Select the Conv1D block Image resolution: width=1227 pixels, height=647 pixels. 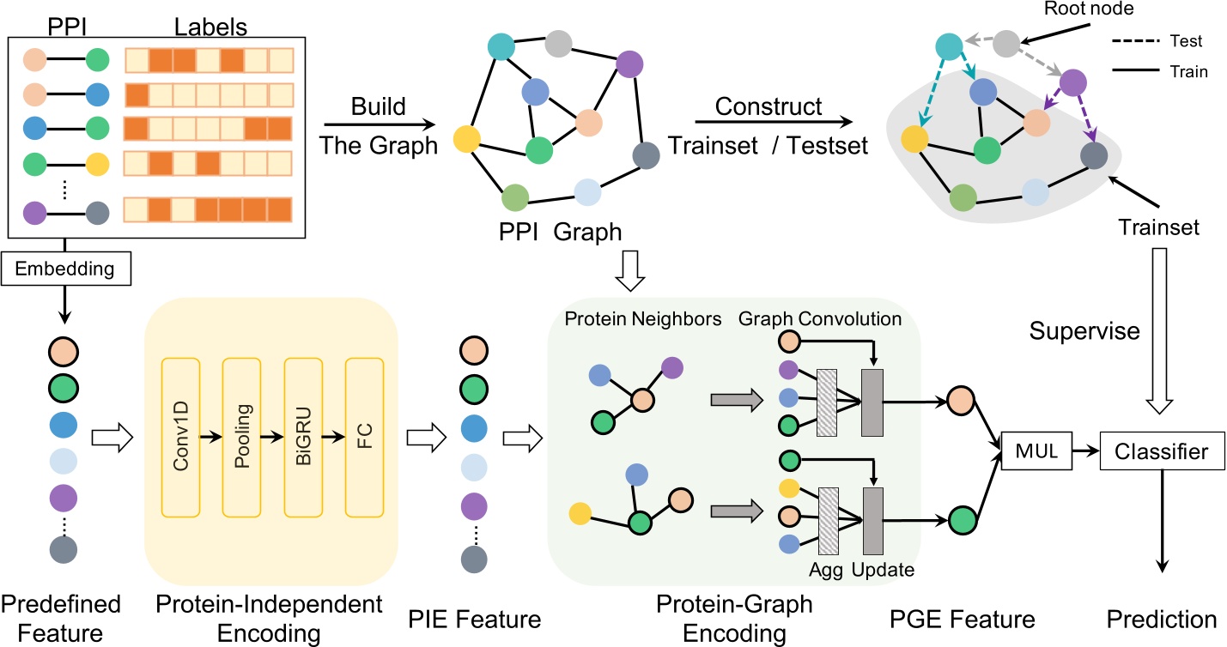(180, 438)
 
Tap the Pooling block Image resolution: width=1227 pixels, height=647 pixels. (240, 438)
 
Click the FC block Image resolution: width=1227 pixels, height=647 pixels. (364, 438)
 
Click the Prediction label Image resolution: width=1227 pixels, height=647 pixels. (1161, 620)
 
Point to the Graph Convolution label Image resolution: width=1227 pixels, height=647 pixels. (819, 319)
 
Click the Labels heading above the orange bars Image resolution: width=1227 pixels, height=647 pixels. (210, 27)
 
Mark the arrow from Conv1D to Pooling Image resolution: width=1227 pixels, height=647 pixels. (210, 438)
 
